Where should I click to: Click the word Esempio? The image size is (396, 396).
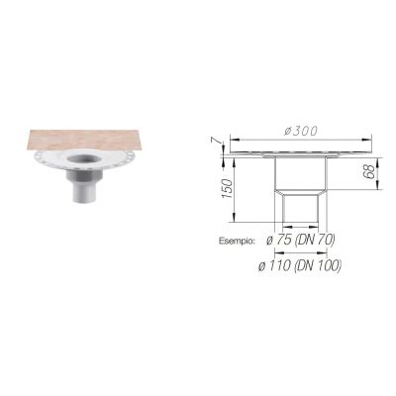(238, 241)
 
